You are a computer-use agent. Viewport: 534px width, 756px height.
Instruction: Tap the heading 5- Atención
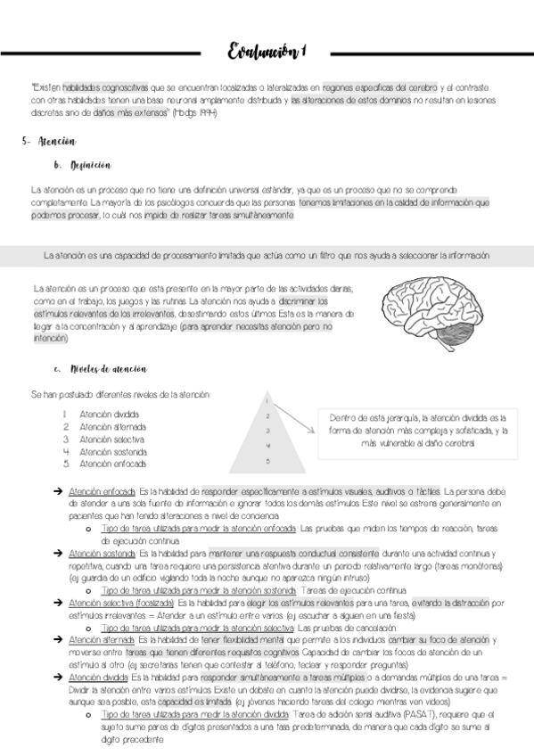click(52, 142)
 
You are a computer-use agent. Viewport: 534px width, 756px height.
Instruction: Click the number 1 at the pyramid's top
click(267, 402)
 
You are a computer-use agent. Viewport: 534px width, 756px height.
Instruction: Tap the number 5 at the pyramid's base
click(267, 461)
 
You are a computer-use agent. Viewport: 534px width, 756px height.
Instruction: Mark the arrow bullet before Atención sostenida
click(57, 554)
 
